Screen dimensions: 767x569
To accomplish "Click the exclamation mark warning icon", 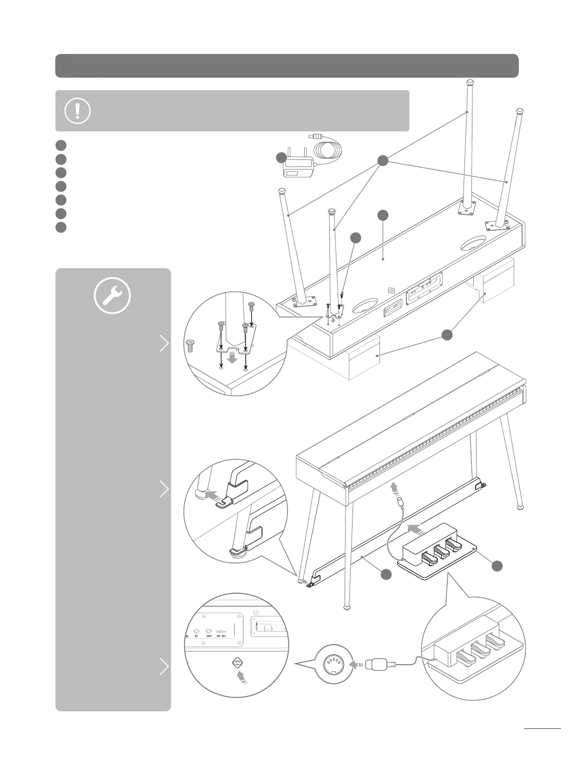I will pos(78,111).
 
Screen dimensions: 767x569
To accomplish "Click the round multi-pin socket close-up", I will pos(331,665).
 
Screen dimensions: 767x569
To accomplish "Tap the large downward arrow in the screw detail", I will pos(233,359).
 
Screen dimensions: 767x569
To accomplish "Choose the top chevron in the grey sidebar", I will pos(164,344).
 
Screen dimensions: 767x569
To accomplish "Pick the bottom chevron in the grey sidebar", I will pos(164,667).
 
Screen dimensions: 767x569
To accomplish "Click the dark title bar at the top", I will pos(287,66).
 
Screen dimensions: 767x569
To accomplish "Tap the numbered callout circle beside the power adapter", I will pos(281,158).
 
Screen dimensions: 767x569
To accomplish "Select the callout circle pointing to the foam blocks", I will pos(447,335).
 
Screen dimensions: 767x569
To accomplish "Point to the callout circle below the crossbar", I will pos(385,575).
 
